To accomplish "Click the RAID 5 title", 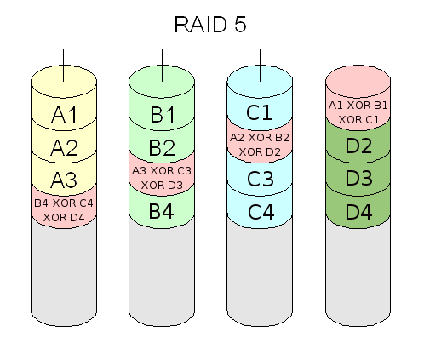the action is click(x=210, y=25).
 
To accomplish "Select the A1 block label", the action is click(x=64, y=115).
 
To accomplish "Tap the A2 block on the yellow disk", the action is click(x=64, y=147).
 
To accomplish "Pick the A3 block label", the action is click(x=64, y=180).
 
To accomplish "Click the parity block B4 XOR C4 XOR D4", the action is click(x=64, y=210).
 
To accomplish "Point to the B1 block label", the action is click(x=163, y=115).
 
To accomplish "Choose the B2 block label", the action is click(x=162, y=147).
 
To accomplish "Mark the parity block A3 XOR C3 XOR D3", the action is click(x=162, y=178).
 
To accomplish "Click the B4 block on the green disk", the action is click(x=162, y=211).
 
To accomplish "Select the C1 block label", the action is click(x=259, y=112).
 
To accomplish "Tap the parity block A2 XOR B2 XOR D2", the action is click(x=260, y=145).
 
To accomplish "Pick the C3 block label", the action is click(x=261, y=179).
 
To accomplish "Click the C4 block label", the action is click(x=261, y=212).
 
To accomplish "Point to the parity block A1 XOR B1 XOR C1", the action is click(x=358, y=112).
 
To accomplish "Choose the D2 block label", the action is click(x=358, y=146).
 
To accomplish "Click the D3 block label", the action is click(x=358, y=178).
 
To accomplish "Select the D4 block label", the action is click(x=358, y=212).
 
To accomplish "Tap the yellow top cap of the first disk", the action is click(x=64, y=82).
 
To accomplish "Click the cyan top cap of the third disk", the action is click(x=260, y=82).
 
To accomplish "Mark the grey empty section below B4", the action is click(x=162, y=272).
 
